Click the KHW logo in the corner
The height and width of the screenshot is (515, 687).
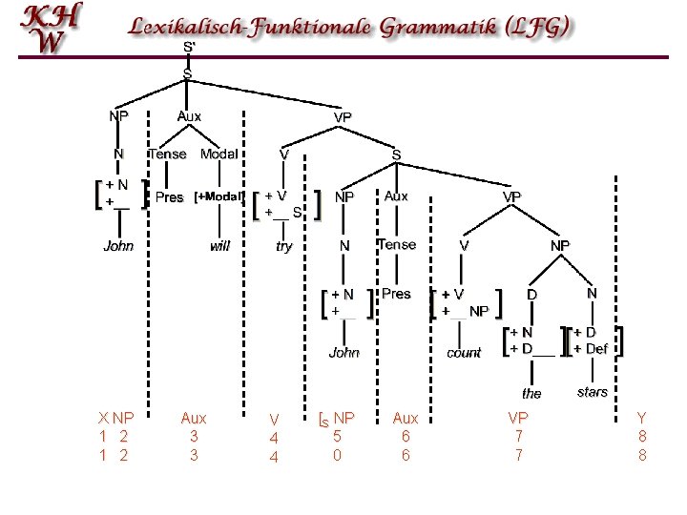pyautogui.click(x=52, y=28)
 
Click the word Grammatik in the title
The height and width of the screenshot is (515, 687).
pyautogui.click(x=438, y=27)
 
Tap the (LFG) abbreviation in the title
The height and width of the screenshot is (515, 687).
pyautogui.click(x=537, y=27)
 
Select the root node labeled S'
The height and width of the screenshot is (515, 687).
pyautogui.click(x=189, y=47)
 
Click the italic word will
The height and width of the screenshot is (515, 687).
pyautogui.click(x=219, y=246)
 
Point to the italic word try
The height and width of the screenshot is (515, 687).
pyautogui.click(x=283, y=247)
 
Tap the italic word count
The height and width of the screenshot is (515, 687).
pyautogui.click(x=464, y=353)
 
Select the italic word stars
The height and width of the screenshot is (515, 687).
pyautogui.click(x=593, y=392)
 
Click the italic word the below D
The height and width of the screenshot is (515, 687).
pyautogui.click(x=531, y=393)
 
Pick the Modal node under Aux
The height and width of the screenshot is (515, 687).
pyautogui.click(x=219, y=154)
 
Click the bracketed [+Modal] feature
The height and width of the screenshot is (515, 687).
pyautogui.click(x=219, y=196)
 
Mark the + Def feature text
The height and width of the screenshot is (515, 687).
pyautogui.click(x=591, y=349)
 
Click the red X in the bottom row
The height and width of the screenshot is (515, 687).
pyautogui.click(x=103, y=419)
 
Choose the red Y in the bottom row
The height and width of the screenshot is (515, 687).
pyautogui.click(x=642, y=419)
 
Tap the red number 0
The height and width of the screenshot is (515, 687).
pyautogui.click(x=337, y=456)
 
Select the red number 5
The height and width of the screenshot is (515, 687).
pyautogui.click(x=337, y=436)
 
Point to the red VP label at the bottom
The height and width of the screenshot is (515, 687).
pyautogui.click(x=518, y=419)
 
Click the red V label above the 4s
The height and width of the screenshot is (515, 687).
pyautogui.click(x=274, y=420)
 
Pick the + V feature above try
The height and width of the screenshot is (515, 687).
pyautogui.click(x=276, y=196)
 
